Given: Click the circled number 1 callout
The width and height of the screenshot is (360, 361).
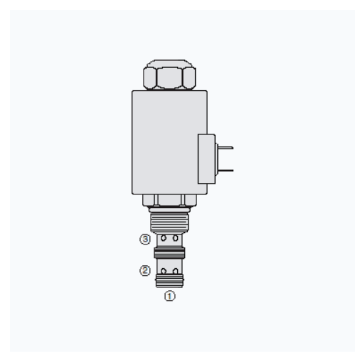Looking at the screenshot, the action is pos(169,296).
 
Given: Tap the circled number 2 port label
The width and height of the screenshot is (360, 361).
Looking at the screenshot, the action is pos(145,271).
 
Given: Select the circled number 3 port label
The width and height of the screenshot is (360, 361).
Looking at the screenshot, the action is pos(145,239).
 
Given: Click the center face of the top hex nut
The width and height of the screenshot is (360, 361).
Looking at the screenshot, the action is pos(169,78).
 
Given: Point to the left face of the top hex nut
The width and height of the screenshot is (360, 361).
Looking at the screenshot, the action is pos(150,78).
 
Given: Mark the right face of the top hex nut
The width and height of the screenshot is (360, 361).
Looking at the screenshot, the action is pos(189,78).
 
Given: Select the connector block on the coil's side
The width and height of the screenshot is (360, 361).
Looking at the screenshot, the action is pos(206,159).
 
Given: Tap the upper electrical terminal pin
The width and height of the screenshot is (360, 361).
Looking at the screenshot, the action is pos(225,148).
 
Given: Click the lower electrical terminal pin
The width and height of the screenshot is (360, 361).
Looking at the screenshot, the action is pos(225,170).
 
